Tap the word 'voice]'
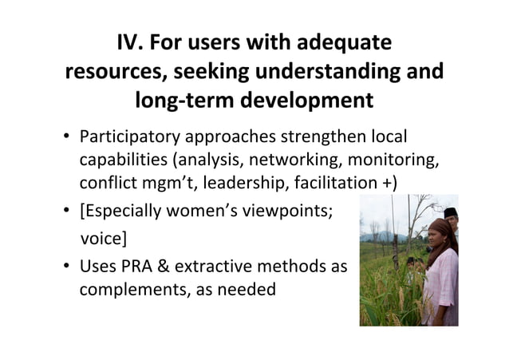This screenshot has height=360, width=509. coord(106,238)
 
